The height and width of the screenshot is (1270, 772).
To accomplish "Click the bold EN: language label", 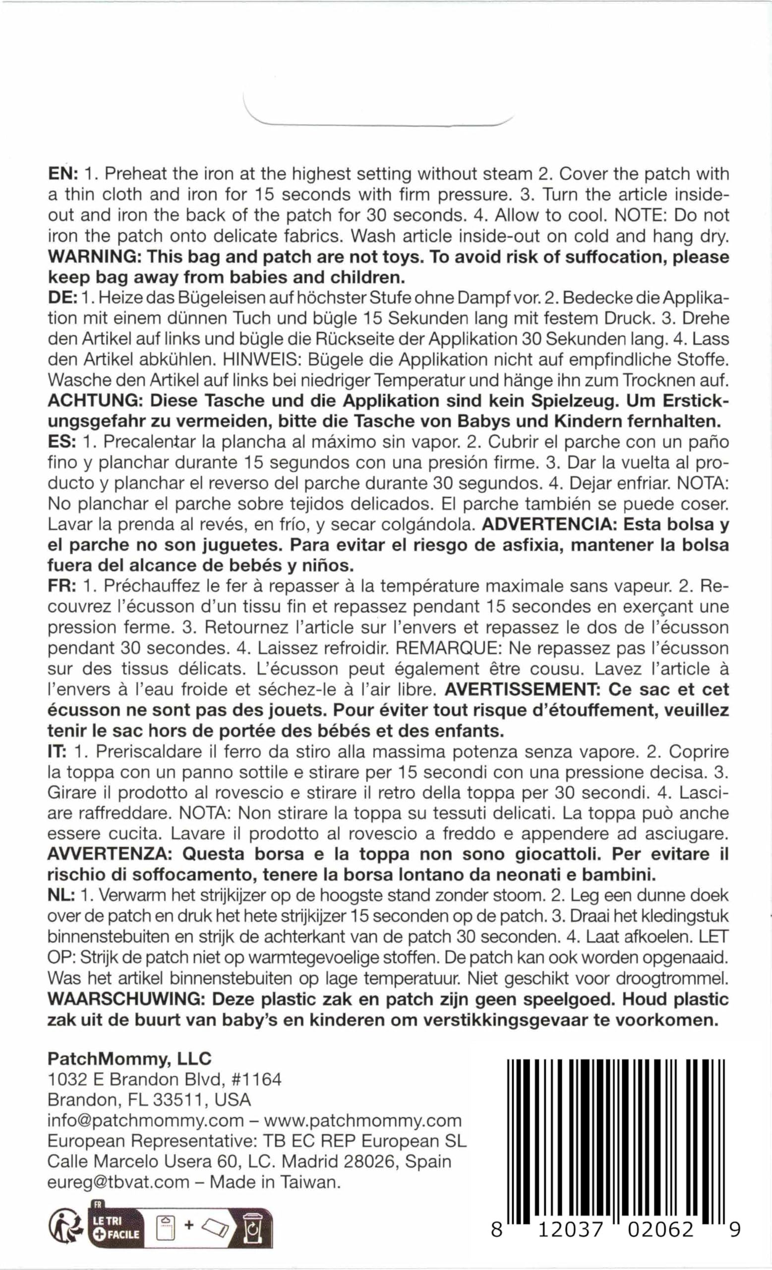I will click(x=62, y=174).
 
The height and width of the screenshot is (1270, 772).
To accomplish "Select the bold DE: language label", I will click(x=62, y=298).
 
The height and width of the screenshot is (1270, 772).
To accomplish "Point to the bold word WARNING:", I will click(x=93, y=256).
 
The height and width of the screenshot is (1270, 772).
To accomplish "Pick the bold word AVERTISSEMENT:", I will click(x=521, y=690).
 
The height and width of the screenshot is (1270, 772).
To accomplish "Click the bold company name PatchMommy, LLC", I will click(x=129, y=1059).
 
